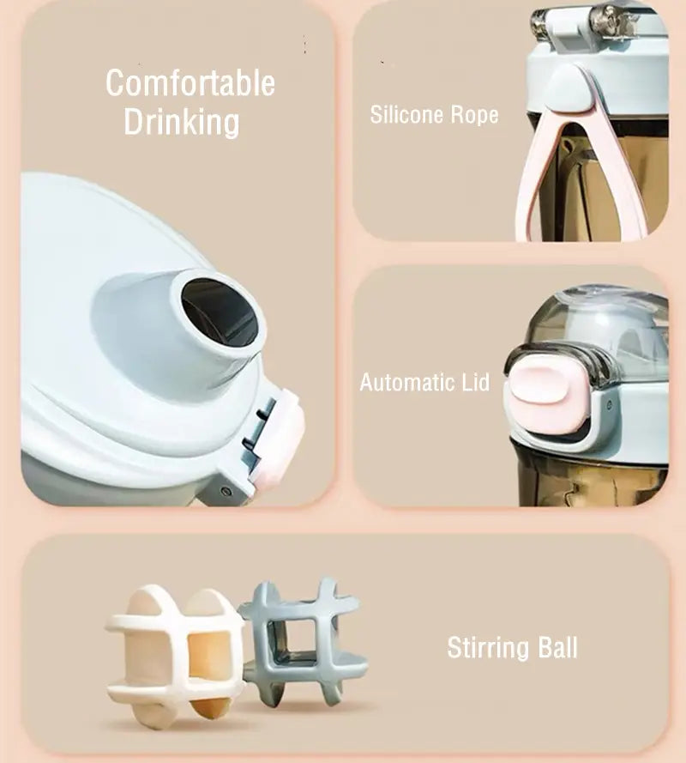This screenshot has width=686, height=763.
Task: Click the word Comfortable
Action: [190, 82]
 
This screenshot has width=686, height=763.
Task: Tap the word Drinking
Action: [182, 122]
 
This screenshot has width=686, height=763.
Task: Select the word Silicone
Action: [406, 115]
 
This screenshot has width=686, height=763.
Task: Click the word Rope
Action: [474, 116]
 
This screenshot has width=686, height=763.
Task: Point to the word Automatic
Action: [401, 382]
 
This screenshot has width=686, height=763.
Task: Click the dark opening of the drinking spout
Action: [220, 313]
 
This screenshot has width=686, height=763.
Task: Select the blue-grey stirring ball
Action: [304, 641]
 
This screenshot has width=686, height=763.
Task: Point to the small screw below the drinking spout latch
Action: [226, 491]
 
